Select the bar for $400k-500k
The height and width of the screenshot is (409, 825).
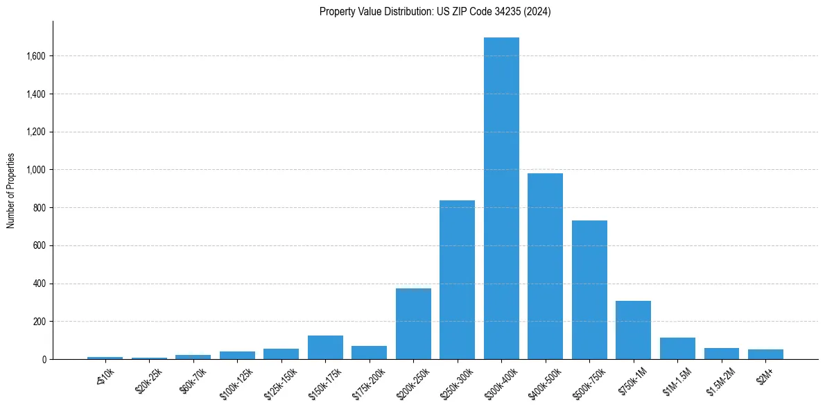[545, 266]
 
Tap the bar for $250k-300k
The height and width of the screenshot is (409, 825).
[457, 280]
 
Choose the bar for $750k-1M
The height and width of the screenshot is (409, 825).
[633, 330]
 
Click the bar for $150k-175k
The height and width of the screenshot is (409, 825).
[325, 347]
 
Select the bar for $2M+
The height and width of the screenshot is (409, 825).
[765, 354]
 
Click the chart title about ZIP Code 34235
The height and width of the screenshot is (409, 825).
[435, 12]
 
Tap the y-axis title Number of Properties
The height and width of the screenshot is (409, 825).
[11, 191]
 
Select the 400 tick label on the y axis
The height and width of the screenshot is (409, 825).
[40, 284]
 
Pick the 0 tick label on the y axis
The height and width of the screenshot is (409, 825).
[44, 360]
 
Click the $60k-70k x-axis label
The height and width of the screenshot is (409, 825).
[190, 381]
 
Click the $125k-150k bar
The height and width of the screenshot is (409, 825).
[281, 354]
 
